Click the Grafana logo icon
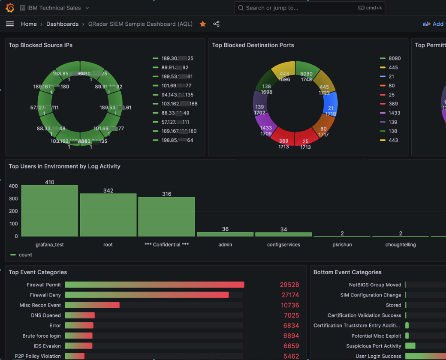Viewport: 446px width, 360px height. pos(10,8)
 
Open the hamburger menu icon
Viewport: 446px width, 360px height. pos(10,24)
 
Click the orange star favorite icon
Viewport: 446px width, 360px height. pos(203,24)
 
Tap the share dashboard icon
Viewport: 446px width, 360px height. pos(216,24)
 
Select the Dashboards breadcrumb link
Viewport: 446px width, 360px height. pos(63,24)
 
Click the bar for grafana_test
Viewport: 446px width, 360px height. pos(50,211)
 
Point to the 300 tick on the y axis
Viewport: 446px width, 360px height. pos(13,198)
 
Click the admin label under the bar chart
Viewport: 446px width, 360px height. pos(225,245)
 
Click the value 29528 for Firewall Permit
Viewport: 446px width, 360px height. pos(289,285)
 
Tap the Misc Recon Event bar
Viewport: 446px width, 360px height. pos(92,305)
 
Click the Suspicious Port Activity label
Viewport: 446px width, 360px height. pos(374,346)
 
